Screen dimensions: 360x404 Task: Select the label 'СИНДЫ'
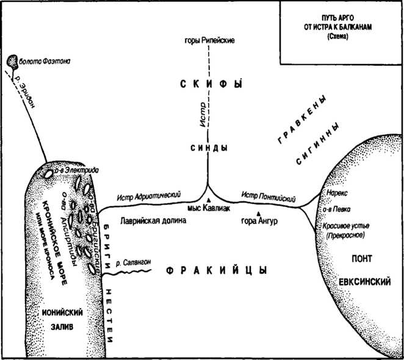208,148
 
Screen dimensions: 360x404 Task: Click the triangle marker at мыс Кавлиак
208,201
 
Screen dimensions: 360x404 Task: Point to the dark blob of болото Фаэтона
12,61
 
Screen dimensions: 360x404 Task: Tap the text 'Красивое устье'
346,226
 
